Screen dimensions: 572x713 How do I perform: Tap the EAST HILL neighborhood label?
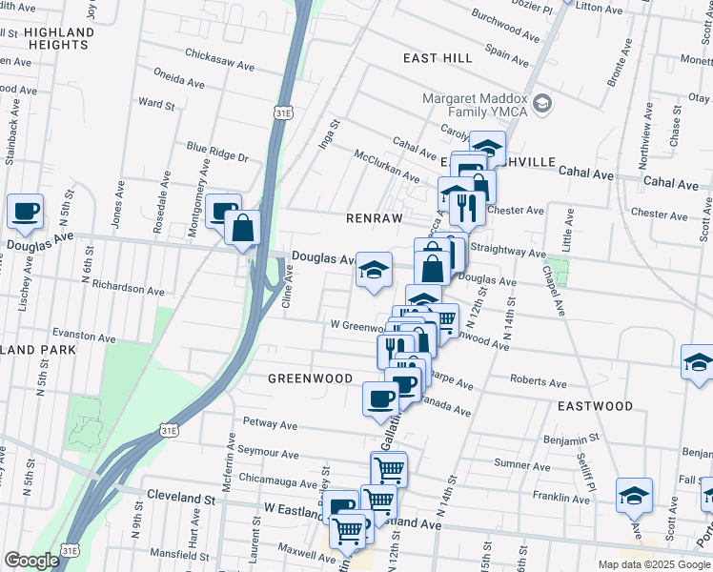(x=438, y=58)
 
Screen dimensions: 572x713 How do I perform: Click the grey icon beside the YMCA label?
(x=541, y=102)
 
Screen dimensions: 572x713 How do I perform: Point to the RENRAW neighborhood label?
(x=377, y=218)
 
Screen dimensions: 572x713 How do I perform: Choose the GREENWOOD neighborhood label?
(x=311, y=378)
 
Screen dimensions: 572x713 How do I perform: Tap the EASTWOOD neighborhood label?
(x=596, y=406)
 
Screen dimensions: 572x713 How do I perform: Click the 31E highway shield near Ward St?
(x=283, y=112)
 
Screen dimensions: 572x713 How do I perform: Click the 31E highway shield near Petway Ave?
(x=168, y=431)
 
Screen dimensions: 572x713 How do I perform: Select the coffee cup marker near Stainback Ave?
(x=25, y=212)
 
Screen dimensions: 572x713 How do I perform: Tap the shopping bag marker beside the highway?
(x=244, y=227)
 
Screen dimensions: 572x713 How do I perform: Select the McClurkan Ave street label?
(x=386, y=165)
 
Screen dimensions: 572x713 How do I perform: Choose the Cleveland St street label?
(x=182, y=498)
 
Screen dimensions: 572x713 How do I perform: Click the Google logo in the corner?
(x=31, y=561)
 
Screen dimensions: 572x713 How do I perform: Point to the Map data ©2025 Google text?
(x=653, y=564)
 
